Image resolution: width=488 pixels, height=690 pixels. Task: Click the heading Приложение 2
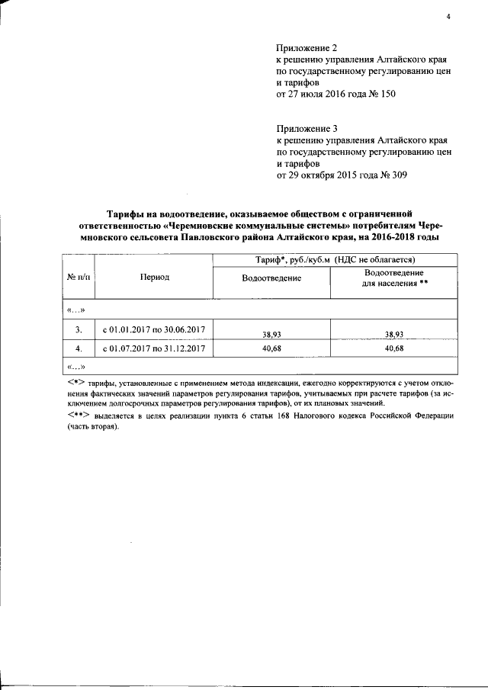coord(306,48)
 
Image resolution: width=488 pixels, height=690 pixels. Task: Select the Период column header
coord(154,278)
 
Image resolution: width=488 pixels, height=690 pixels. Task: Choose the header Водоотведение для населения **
coord(393,278)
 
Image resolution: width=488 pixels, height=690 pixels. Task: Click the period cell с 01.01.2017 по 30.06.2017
coord(154,330)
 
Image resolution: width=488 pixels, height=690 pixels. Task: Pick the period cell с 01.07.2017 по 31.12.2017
coord(154,348)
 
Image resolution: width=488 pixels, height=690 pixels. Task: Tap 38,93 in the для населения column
coord(393,333)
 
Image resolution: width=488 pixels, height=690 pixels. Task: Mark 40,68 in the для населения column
coord(393,348)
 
